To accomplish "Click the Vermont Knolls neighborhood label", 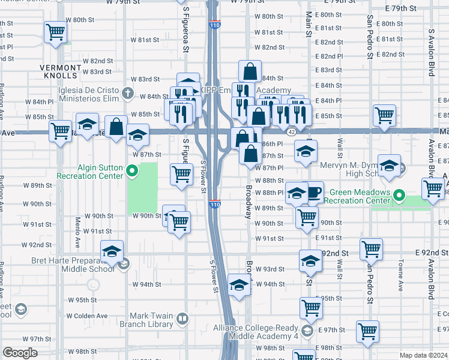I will pyautogui.click(x=61, y=71).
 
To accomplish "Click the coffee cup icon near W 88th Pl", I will pyautogui.click(x=314, y=192).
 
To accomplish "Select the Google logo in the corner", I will pyautogui.click(x=20, y=353).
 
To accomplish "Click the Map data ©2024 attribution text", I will pyautogui.click(x=424, y=355).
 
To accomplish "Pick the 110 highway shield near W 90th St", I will pyautogui.click(x=215, y=204).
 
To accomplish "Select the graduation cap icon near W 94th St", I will pyautogui.click(x=239, y=284).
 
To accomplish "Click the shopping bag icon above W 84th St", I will pyautogui.click(x=250, y=71).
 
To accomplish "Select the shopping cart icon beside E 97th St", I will pyautogui.click(x=367, y=330).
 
